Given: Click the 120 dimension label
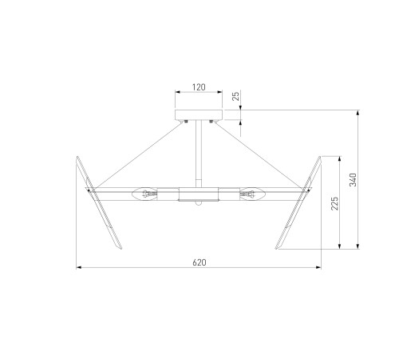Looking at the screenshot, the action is [199, 87].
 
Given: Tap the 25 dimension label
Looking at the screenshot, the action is [236, 95].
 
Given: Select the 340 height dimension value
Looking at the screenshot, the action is [353, 180].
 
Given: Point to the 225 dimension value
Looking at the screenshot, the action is [335, 203].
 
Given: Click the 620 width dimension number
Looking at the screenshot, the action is [199, 262].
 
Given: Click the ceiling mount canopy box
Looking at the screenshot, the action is [199, 114].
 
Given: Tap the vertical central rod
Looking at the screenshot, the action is [199, 154].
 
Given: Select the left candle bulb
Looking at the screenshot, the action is [144, 194].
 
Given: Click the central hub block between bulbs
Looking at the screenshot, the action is [199, 194].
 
